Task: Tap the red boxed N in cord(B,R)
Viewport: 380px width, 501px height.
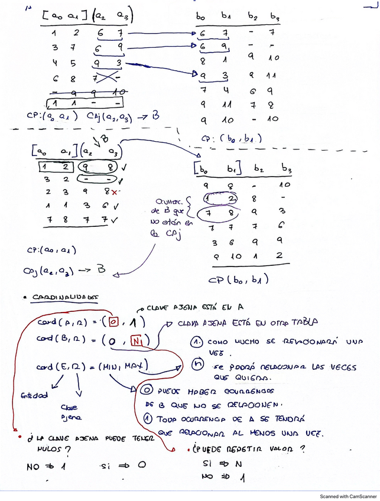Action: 137,341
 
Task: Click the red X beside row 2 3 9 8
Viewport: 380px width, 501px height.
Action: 113,192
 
